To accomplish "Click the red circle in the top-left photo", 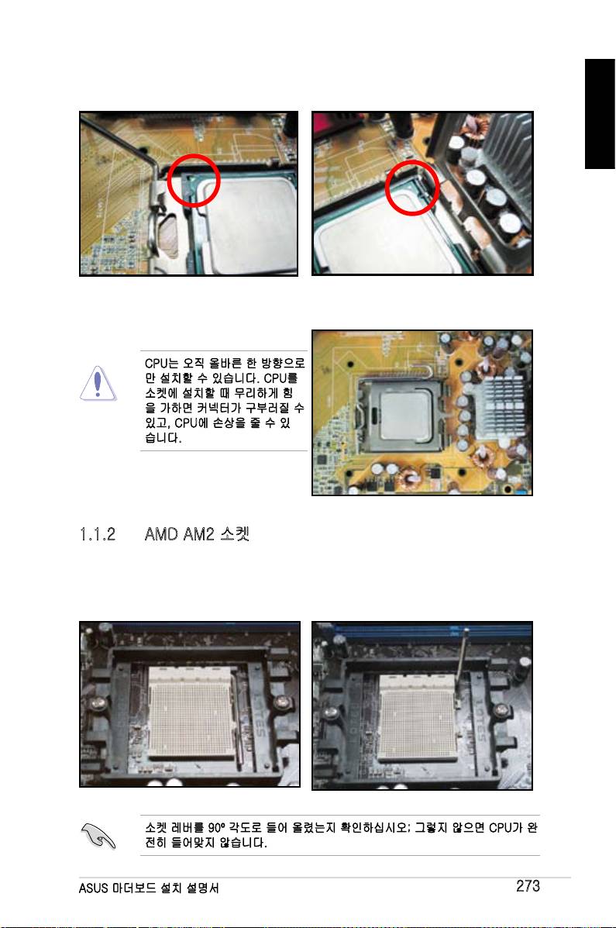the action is click(x=168, y=181).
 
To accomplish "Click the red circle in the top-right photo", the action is click(x=387, y=188).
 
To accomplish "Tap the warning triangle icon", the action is click(x=98, y=384).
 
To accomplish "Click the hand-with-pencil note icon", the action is click(x=98, y=836).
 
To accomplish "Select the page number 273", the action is click(x=528, y=886).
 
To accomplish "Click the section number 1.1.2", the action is click(x=98, y=534).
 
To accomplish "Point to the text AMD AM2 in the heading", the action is click(x=179, y=534).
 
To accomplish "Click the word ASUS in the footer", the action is click(x=94, y=888).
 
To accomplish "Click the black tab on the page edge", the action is click(x=600, y=114).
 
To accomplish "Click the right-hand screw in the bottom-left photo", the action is click(x=282, y=703).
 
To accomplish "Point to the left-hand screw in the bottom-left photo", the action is click(x=98, y=704).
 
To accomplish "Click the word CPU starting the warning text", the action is click(x=156, y=363).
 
